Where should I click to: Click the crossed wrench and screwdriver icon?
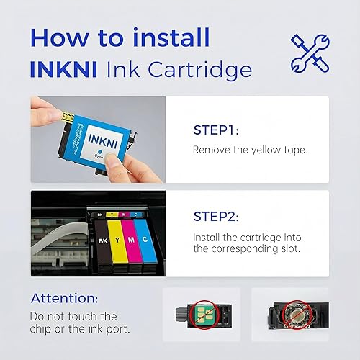[310, 53]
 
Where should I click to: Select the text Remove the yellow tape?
[249, 151]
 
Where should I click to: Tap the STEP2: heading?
[220, 215]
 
